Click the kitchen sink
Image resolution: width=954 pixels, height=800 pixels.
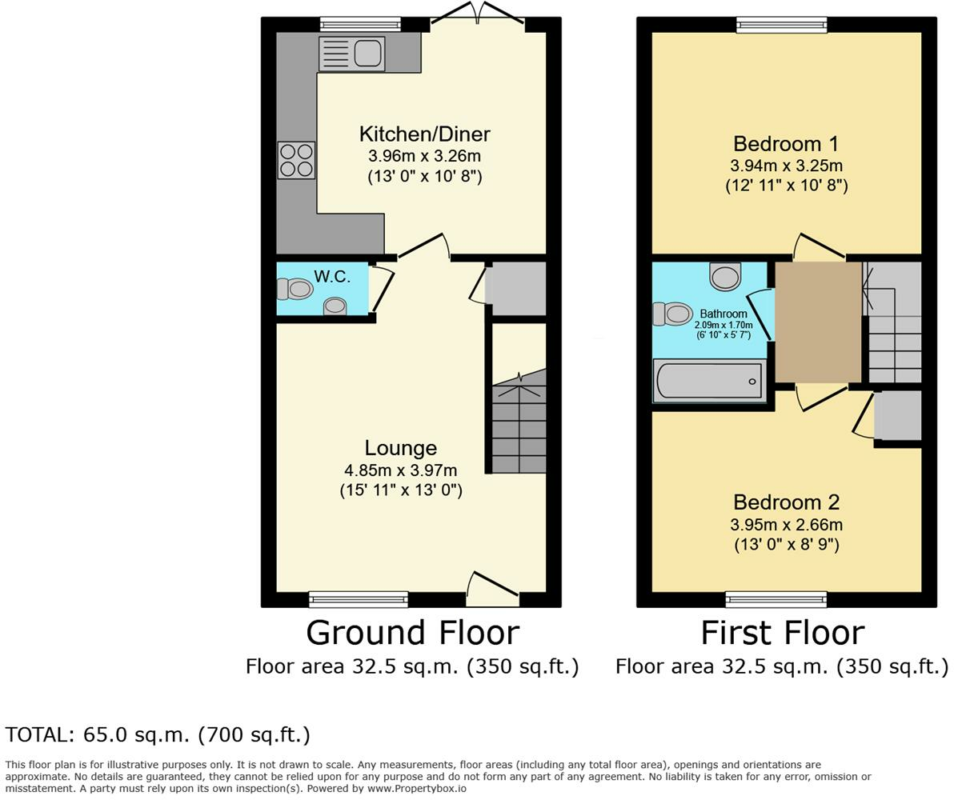pyautogui.click(x=351, y=54)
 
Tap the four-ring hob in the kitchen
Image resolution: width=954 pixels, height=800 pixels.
pyautogui.click(x=296, y=160)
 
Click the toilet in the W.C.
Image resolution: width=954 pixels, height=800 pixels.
pyautogui.click(x=295, y=288)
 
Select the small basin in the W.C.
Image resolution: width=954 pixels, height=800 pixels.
pyautogui.click(x=335, y=306)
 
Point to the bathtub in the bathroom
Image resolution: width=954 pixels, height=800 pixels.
pyautogui.click(x=709, y=381)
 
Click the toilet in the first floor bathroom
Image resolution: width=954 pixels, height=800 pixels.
pyautogui.click(x=672, y=314)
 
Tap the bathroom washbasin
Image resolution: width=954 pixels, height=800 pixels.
pyautogui.click(x=725, y=276)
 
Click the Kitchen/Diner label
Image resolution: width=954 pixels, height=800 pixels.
pyautogui.click(x=425, y=134)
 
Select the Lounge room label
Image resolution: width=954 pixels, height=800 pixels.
pyautogui.click(x=400, y=448)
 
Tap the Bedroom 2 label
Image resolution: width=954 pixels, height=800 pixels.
pyautogui.click(x=786, y=502)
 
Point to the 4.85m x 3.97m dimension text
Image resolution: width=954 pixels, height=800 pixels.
pyautogui.click(x=400, y=470)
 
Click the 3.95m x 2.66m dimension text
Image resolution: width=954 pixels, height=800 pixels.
pyautogui.click(x=786, y=525)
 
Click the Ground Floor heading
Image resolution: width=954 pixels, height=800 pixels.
pyautogui.click(x=412, y=633)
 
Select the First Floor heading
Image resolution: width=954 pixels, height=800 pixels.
pyautogui.click(x=783, y=633)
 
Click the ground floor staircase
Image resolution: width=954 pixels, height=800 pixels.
pyautogui.click(x=519, y=421)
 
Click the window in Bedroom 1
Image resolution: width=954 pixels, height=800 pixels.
pyautogui.click(x=782, y=24)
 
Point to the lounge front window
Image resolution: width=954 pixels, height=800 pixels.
pyautogui.click(x=359, y=599)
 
